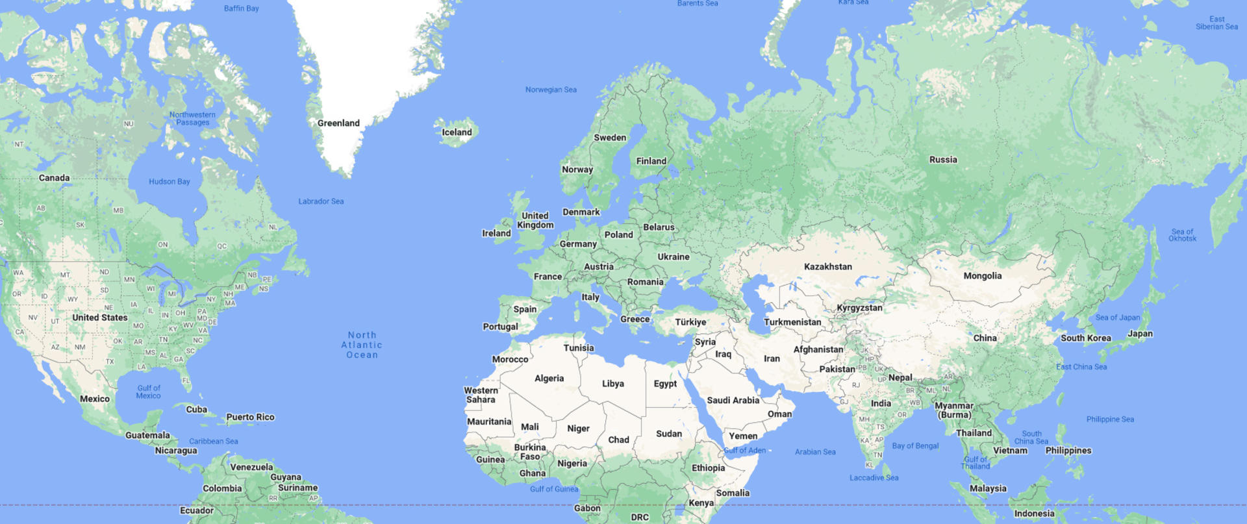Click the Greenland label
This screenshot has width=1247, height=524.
(x=338, y=123)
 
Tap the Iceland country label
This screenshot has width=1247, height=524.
(x=457, y=132)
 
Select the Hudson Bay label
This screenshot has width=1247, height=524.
(x=170, y=182)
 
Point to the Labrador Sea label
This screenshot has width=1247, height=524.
(x=321, y=201)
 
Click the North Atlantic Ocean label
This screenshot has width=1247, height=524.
(x=362, y=345)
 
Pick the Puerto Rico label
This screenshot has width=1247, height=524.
(x=250, y=417)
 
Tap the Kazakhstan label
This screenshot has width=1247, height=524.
(x=827, y=267)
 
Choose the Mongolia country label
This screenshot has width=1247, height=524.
(x=982, y=276)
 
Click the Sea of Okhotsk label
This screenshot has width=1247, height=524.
(x=1182, y=235)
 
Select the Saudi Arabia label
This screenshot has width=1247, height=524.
(x=733, y=401)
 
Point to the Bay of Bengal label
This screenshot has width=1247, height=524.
(x=915, y=446)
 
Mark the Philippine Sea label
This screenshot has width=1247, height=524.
(x=1110, y=419)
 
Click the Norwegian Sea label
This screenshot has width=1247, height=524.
(x=551, y=90)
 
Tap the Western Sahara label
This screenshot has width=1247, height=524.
(x=481, y=395)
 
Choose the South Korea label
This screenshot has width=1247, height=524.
(x=1085, y=338)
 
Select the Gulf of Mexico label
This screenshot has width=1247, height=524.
(x=149, y=392)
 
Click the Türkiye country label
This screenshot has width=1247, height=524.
(x=690, y=322)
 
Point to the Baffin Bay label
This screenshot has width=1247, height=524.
(x=241, y=8)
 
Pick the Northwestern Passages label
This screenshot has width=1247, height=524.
(x=192, y=118)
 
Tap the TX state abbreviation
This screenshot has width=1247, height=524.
(x=110, y=362)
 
